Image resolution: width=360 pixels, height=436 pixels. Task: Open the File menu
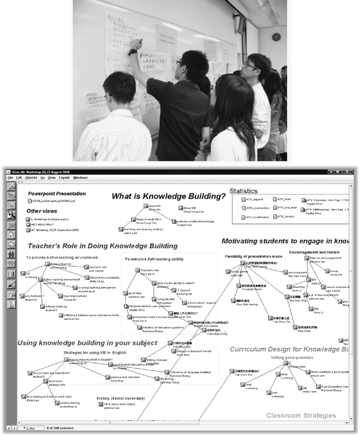click(11, 177)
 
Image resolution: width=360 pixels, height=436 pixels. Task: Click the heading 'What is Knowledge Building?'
click(168, 196)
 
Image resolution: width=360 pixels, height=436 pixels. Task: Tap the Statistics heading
click(242, 191)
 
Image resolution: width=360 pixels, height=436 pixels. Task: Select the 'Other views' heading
click(42, 211)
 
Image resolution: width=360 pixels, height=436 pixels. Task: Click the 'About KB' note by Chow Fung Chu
click(191, 209)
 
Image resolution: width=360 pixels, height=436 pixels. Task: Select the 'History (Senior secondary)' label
click(122, 398)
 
